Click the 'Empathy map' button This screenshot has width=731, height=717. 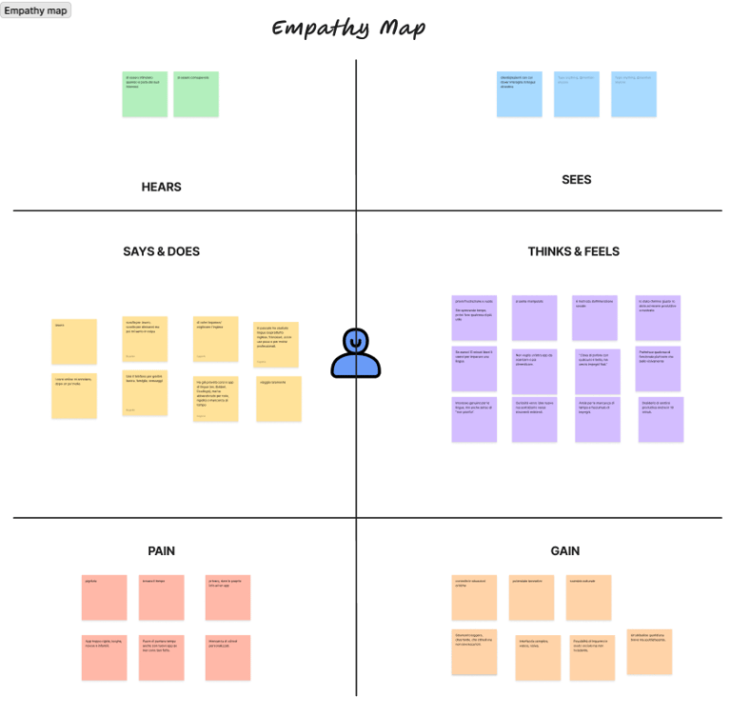tap(36, 10)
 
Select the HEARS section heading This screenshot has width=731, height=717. tap(161, 187)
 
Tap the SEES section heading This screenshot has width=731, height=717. tap(577, 179)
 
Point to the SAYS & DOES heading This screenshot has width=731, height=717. tap(161, 251)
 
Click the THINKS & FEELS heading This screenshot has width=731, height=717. tap(573, 251)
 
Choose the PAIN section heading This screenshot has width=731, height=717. tap(161, 550)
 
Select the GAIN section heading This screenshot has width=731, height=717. tap(564, 550)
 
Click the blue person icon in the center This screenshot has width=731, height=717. tap(356, 354)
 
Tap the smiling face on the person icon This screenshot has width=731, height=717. tap(356, 339)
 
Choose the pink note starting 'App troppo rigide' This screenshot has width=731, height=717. tap(104, 657)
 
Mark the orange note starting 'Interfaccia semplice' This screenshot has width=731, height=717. tap(538, 658)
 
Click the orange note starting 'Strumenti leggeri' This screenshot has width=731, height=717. tap(474, 652)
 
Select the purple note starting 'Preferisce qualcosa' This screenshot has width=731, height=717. tap(658, 369)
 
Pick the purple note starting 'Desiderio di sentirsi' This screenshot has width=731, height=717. tap(661, 419)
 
